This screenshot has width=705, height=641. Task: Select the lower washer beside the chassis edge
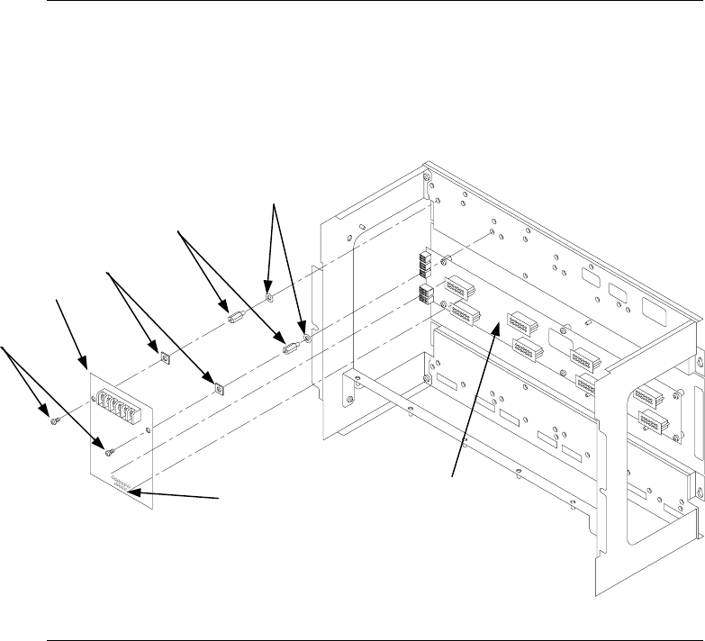[x=308, y=339]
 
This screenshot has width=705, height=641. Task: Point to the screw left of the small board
[x=56, y=417]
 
